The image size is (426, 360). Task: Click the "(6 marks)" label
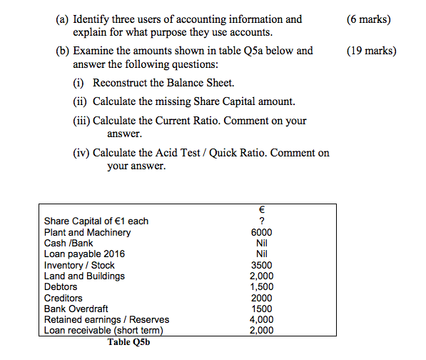coord(369,19)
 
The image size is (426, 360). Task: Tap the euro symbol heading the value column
coord(261,210)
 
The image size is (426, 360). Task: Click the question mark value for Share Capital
coord(261,221)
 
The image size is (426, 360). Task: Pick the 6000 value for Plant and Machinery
coord(261,232)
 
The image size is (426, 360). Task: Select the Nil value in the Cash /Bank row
coord(261,243)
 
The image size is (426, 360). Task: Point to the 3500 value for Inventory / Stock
coord(261,265)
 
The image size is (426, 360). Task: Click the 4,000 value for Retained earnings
coord(261,319)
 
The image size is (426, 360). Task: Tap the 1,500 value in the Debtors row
coord(261,286)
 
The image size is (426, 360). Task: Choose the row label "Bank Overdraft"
coord(76,309)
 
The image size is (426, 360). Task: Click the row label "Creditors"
coord(64,298)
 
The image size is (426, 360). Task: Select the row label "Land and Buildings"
coord(84,276)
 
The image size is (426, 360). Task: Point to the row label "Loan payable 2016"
coord(84,254)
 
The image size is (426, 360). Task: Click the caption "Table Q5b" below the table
coord(129,341)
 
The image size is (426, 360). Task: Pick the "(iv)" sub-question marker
coord(83,153)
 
